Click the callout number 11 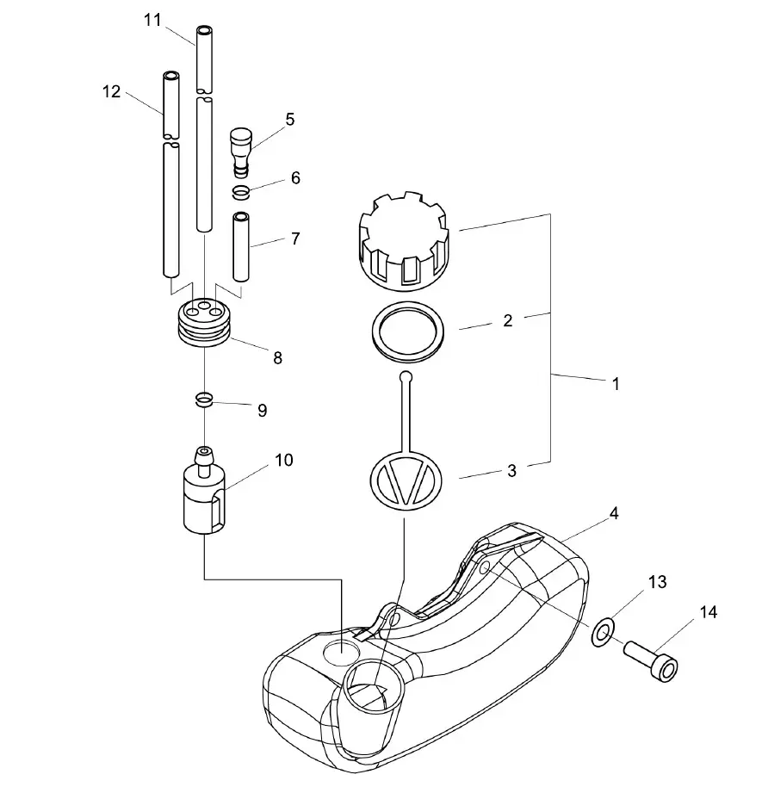(152, 20)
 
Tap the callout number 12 (112, 92)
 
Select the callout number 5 (289, 120)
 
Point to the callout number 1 (616, 384)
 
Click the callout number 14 (709, 612)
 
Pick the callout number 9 (262, 410)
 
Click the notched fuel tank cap (404, 241)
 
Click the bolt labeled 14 (650, 661)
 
